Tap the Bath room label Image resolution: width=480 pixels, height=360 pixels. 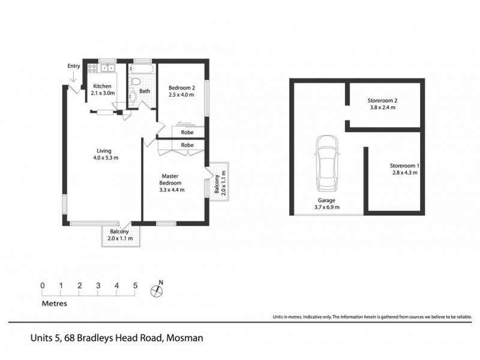click(145, 92)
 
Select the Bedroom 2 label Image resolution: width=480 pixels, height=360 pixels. click(181, 86)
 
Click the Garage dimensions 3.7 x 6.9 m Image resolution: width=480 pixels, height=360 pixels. click(328, 207)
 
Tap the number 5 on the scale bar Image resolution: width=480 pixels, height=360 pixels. click(136, 285)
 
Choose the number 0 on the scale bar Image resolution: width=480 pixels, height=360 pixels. click(43, 285)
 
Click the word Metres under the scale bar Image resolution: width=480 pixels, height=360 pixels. click(55, 304)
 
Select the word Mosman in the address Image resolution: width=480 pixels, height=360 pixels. click(185, 338)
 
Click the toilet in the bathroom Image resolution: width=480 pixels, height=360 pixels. click(136, 80)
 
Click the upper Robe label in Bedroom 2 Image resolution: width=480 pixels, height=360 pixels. click(187, 131)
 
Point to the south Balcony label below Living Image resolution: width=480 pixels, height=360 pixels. click(119, 232)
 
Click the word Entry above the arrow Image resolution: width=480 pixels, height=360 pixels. click(74, 66)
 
